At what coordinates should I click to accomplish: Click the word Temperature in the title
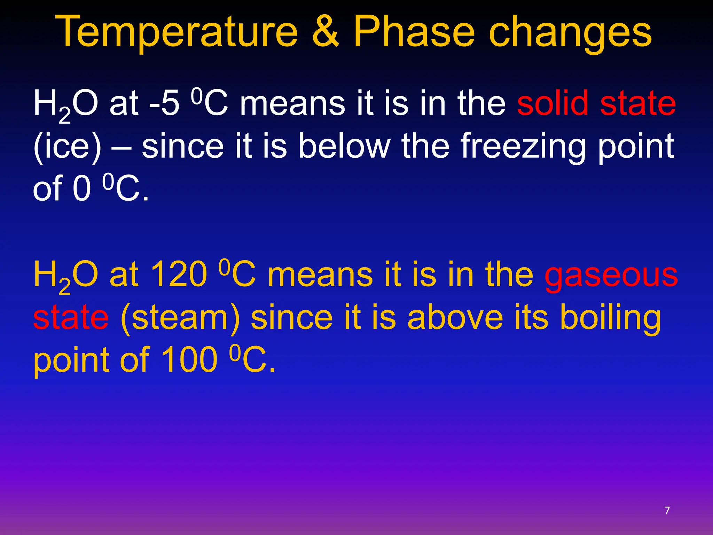click(177, 32)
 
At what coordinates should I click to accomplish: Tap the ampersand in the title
click(326, 32)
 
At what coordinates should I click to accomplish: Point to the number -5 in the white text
click(164, 103)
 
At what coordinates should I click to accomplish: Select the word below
click(344, 146)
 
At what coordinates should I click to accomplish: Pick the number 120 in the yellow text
click(179, 275)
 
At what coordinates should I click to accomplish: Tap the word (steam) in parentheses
click(180, 318)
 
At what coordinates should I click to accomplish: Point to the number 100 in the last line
click(189, 360)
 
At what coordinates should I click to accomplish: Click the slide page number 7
click(667, 511)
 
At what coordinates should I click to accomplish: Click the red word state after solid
click(638, 103)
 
